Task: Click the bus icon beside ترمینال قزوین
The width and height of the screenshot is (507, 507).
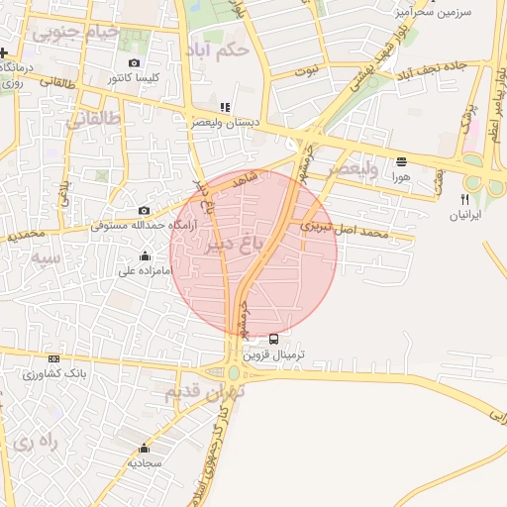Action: pyautogui.click(x=274, y=340)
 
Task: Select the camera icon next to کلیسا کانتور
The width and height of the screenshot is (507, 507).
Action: pyautogui.click(x=135, y=63)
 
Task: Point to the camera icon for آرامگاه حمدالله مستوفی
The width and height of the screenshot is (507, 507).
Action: pyautogui.click(x=145, y=210)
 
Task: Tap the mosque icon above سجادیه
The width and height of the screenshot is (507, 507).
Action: pyautogui.click(x=145, y=448)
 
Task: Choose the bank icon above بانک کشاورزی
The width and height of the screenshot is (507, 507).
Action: pyautogui.click(x=53, y=358)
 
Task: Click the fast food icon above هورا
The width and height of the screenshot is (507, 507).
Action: pyautogui.click(x=401, y=160)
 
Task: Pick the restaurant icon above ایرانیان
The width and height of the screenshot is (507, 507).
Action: pyautogui.click(x=464, y=199)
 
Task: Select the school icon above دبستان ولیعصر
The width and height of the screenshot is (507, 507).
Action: pyautogui.click(x=225, y=108)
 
